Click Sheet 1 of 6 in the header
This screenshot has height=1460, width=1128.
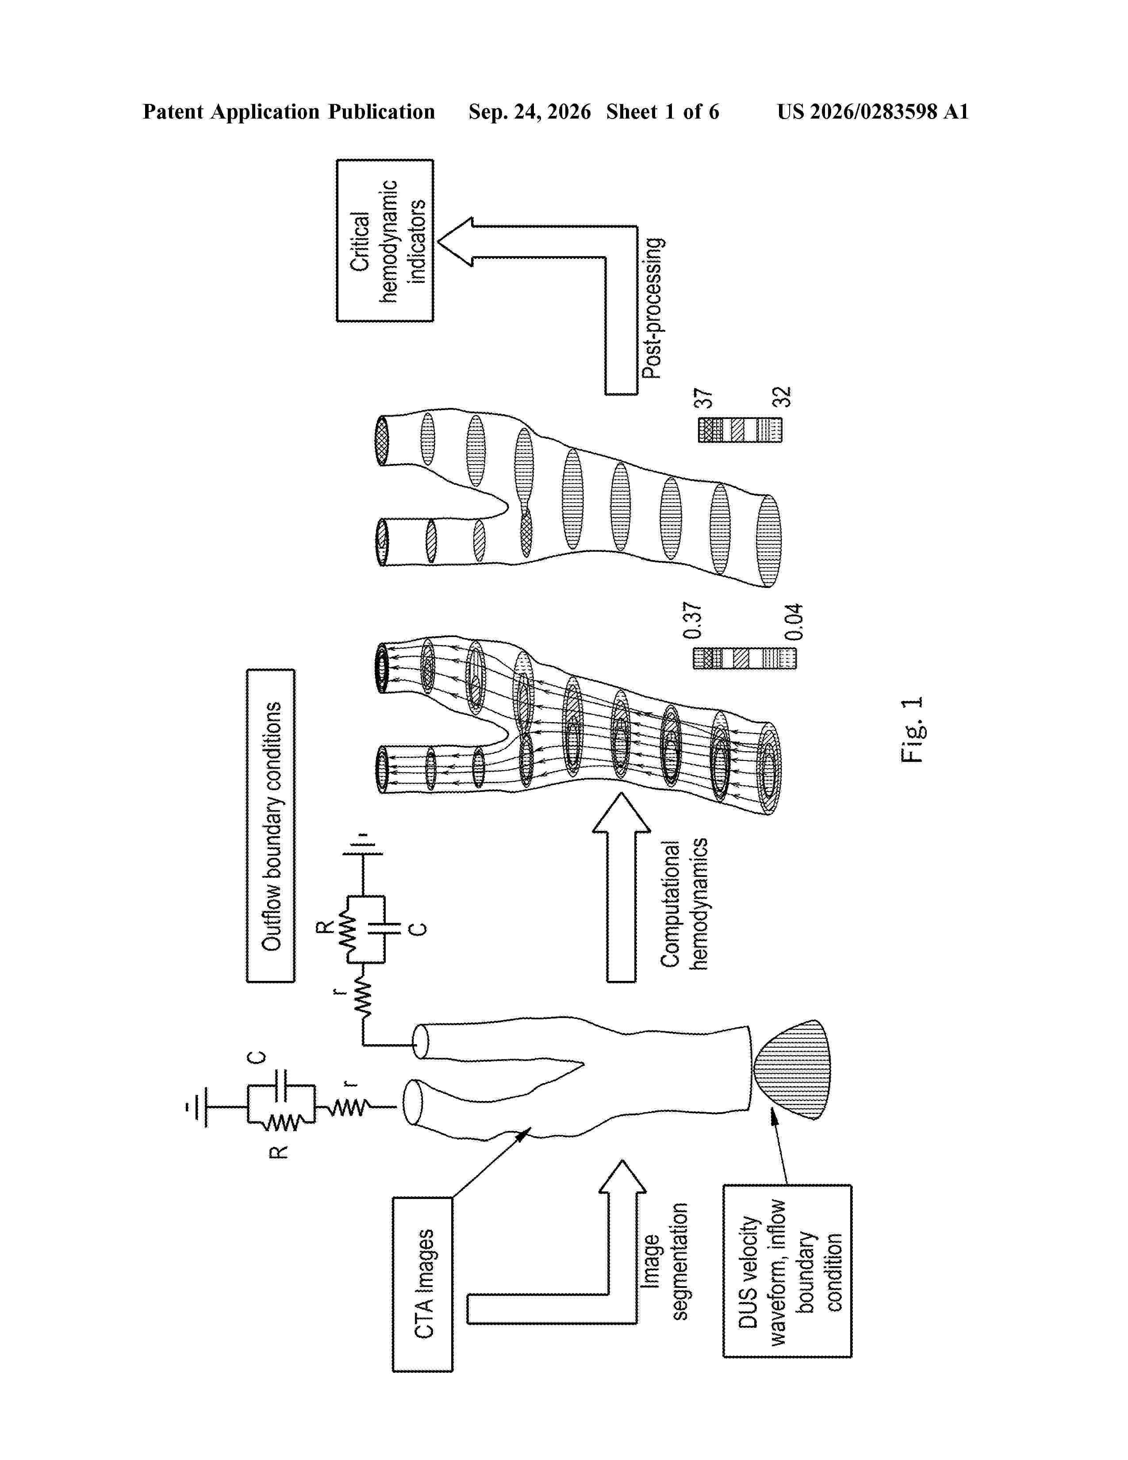[x=662, y=111]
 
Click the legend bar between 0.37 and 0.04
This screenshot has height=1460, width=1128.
[x=744, y=658]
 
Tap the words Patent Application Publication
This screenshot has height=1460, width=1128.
[x=289, y=111]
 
